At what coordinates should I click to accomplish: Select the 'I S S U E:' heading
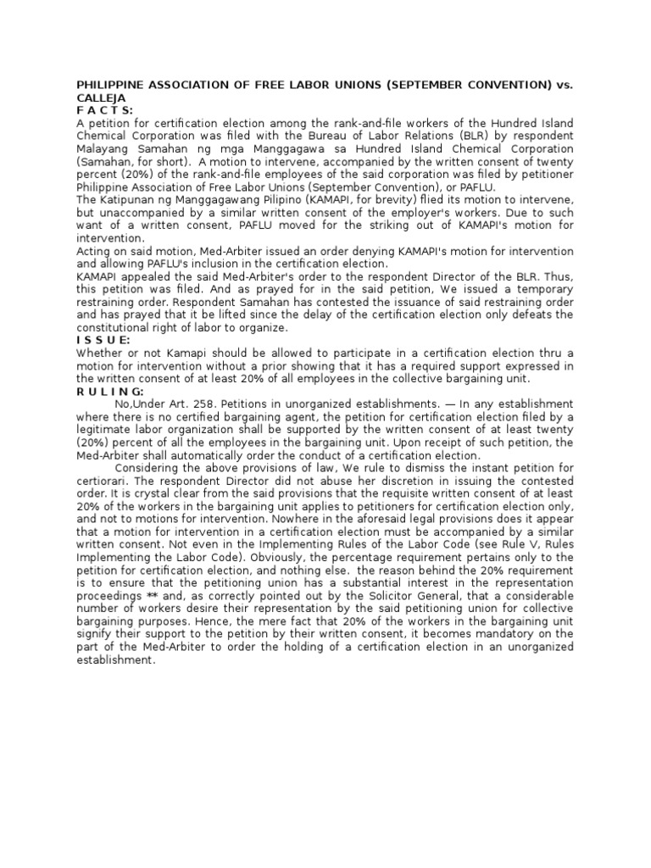point(103,340)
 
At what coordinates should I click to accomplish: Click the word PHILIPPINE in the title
point(112,85)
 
